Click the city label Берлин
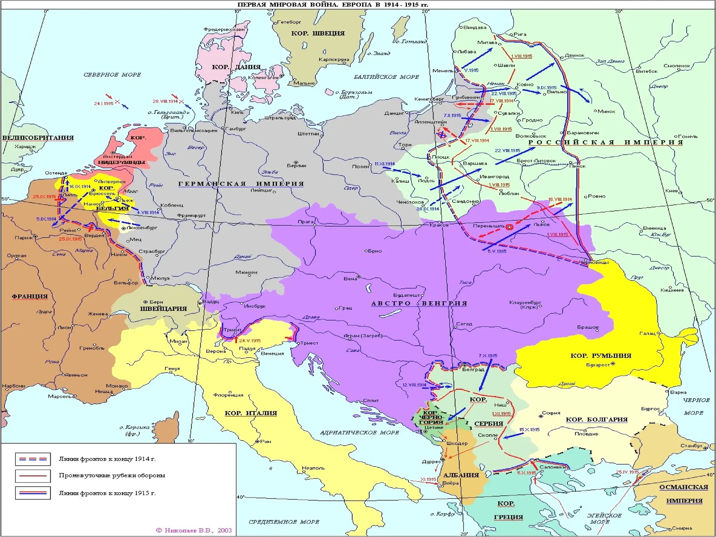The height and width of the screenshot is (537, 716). coord(296,166)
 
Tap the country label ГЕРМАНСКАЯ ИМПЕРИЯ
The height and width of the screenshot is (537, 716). coord(241,184)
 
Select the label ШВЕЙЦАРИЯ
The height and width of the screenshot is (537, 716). coord(163,309)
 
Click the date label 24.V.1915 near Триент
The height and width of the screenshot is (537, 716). coord(250,341)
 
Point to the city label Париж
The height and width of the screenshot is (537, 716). coord(23,238)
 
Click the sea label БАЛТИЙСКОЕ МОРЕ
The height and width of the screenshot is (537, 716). coord(386,77)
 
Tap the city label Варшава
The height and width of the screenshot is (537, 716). coord(475,163)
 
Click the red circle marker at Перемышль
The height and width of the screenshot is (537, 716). coord(510,227)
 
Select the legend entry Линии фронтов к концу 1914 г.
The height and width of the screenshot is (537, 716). coord(107,459)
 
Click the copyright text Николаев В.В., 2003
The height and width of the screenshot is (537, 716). coord(194,530)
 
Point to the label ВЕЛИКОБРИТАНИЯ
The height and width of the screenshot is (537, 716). coord(38,138)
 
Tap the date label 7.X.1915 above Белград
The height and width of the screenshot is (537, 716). coord(488,356)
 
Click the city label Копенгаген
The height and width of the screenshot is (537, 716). coord(263,78)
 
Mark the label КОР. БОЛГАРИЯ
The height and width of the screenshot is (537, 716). coord(596,420)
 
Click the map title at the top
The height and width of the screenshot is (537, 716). coord(332,5)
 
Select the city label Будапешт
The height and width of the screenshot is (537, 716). coord(406,295)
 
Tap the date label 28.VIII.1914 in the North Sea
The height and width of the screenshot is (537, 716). coord(165,101)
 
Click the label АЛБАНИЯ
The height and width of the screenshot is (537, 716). coord(461,475)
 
